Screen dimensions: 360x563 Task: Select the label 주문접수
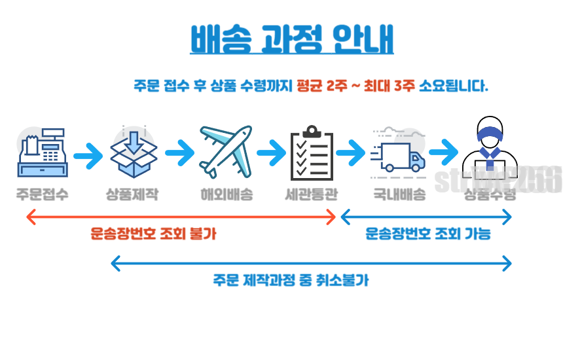[x=42, y=194]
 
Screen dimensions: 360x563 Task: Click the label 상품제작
[x=133, y=194]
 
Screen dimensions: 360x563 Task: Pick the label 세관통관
[x=312, y=194]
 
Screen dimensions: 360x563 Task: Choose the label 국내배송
[x=399, y=194]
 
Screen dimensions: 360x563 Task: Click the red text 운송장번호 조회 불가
[x=153, y=234]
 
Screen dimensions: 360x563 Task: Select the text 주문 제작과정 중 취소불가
[x=291, y=280]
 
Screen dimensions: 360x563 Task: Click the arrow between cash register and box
[x=88, y=156]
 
